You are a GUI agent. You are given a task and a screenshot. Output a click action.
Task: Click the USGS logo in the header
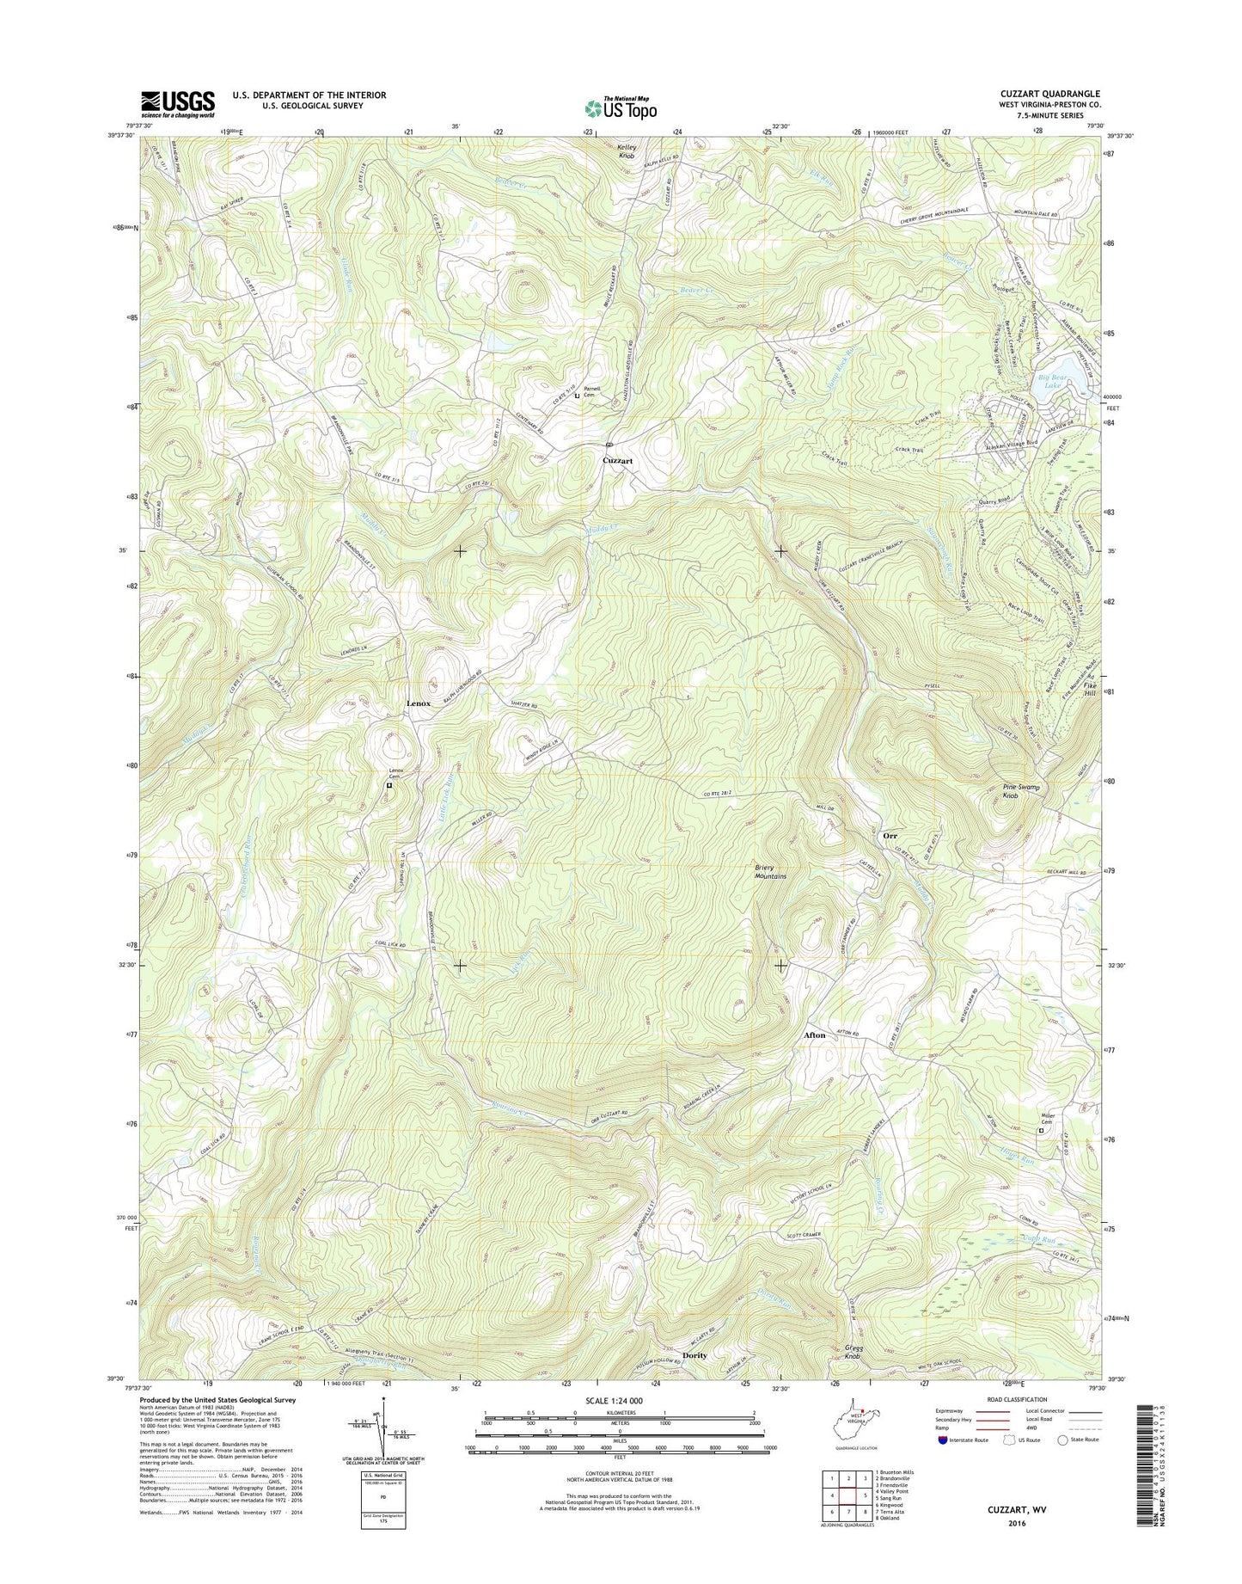coord(178,104)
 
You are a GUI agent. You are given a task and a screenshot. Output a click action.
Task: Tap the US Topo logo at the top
coord(621,107)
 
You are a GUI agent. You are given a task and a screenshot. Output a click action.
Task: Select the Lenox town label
coord(419,703)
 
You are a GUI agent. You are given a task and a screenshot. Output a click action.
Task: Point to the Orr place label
coord(890,835)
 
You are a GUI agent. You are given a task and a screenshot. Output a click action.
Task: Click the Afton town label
coord(814,1035)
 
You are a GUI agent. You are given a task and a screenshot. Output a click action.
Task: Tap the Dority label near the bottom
coord(694,1379)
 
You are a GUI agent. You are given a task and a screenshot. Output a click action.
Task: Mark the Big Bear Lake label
coord(1052,381)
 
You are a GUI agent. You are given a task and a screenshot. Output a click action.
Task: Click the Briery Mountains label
coord(770,872)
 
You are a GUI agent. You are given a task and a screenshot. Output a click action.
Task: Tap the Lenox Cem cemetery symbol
coord(389,785)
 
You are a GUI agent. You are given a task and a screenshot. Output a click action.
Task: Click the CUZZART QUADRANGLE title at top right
coord(1055,94)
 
